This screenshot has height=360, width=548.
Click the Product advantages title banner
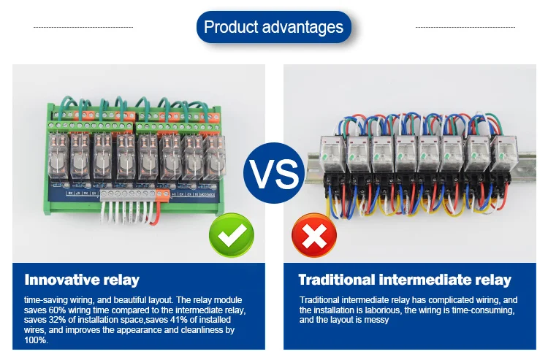click(274, 28)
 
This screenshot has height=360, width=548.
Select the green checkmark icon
click(231, 236)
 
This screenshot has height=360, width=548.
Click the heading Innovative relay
click(82, 280)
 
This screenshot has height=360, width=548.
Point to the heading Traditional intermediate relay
click(405, 280)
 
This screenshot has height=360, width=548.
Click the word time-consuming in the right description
click(479, 310)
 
